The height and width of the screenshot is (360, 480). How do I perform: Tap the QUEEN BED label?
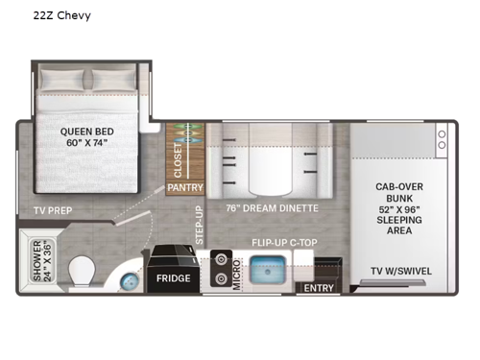[86, 137]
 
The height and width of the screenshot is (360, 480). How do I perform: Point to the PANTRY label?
[185, 188]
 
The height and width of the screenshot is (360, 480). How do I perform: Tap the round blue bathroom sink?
[128, 279]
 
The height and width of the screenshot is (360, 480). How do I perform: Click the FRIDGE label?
[173, 278]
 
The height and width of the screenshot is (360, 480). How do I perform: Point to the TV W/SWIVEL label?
[401, 270]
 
